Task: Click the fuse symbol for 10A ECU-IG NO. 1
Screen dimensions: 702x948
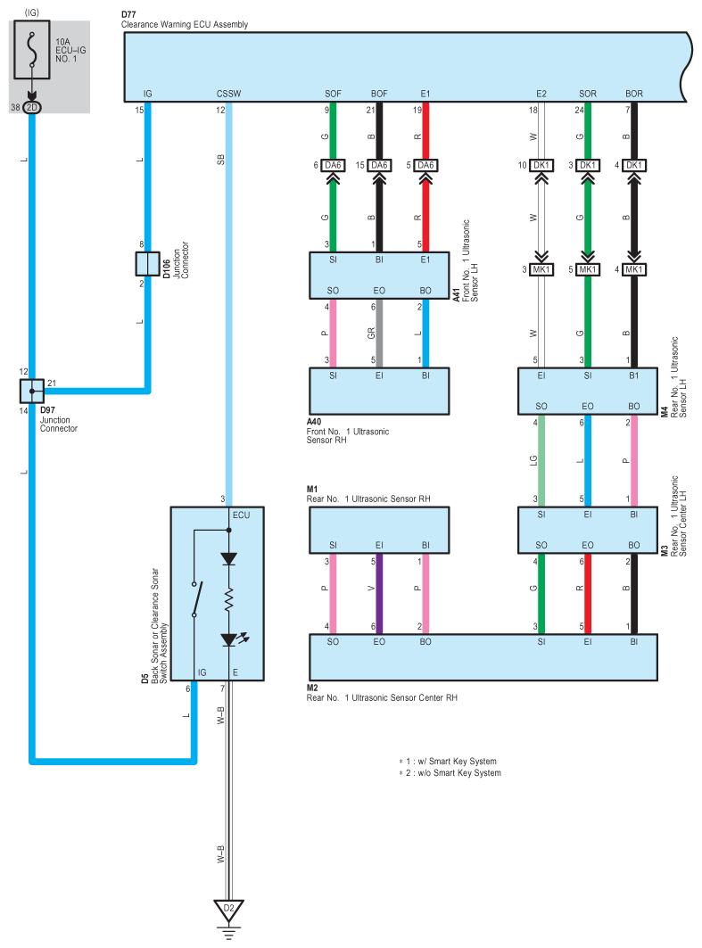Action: [32, 50]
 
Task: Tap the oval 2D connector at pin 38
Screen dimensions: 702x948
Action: [32, 108]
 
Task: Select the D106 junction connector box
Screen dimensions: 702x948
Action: [147, 264]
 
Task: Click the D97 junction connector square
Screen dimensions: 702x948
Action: [32, 392]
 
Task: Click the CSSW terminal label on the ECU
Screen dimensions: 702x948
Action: [228, 94]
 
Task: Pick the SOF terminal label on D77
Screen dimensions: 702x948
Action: [333, 94]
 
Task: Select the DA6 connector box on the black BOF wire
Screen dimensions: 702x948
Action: [379, 165]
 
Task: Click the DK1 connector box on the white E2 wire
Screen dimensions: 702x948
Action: [541, 165]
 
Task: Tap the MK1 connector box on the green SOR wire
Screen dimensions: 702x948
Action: [588, 269]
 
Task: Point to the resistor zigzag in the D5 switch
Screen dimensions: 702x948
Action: [228, 600]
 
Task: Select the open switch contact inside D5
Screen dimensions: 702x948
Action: [196, 598]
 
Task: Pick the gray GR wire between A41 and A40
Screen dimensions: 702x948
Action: [379, 334]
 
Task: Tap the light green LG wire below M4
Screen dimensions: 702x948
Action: [541, 461]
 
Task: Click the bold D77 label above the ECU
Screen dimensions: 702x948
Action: [128, 14]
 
